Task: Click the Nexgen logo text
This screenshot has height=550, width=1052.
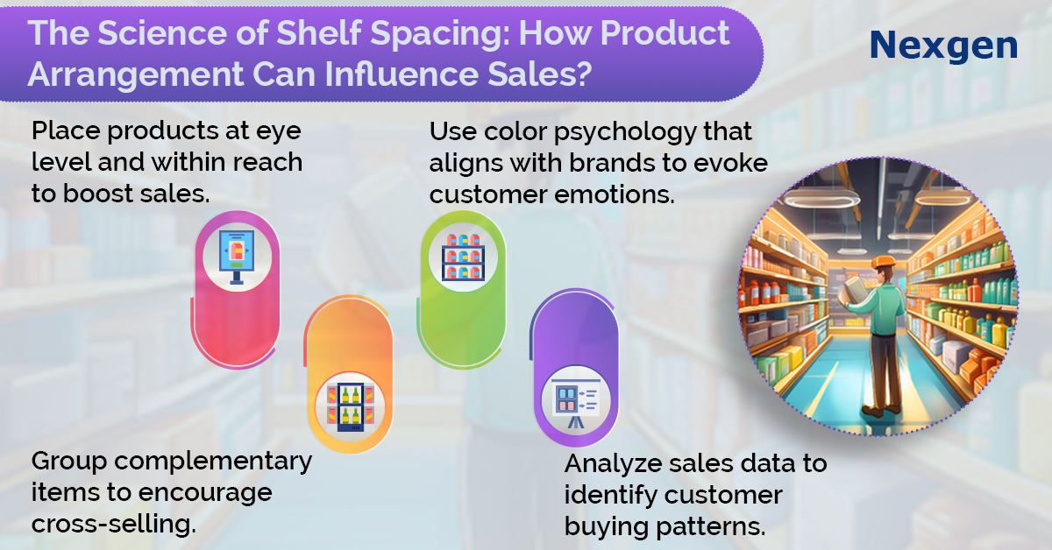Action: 943,46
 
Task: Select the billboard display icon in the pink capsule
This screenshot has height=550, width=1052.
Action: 238,257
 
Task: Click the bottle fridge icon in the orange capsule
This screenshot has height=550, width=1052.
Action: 351,407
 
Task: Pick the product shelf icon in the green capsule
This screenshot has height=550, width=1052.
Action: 463,257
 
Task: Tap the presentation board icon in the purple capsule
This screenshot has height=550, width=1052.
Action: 576,403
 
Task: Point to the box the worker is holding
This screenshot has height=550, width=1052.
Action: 855,290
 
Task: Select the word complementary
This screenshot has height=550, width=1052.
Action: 213,462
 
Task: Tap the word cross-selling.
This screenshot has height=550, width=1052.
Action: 114,524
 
